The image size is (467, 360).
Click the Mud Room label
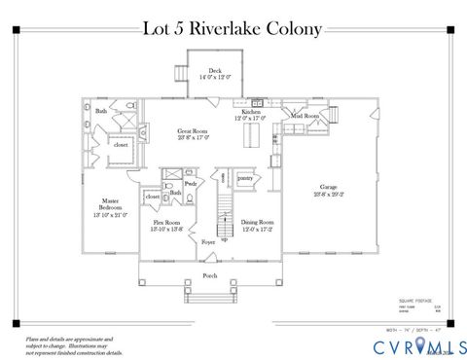click(x=305, y=116)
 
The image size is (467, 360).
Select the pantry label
click(x=244, y=178)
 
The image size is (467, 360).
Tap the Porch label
click(x=209, y=274)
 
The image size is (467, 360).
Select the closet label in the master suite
click(x=122, y=145)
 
